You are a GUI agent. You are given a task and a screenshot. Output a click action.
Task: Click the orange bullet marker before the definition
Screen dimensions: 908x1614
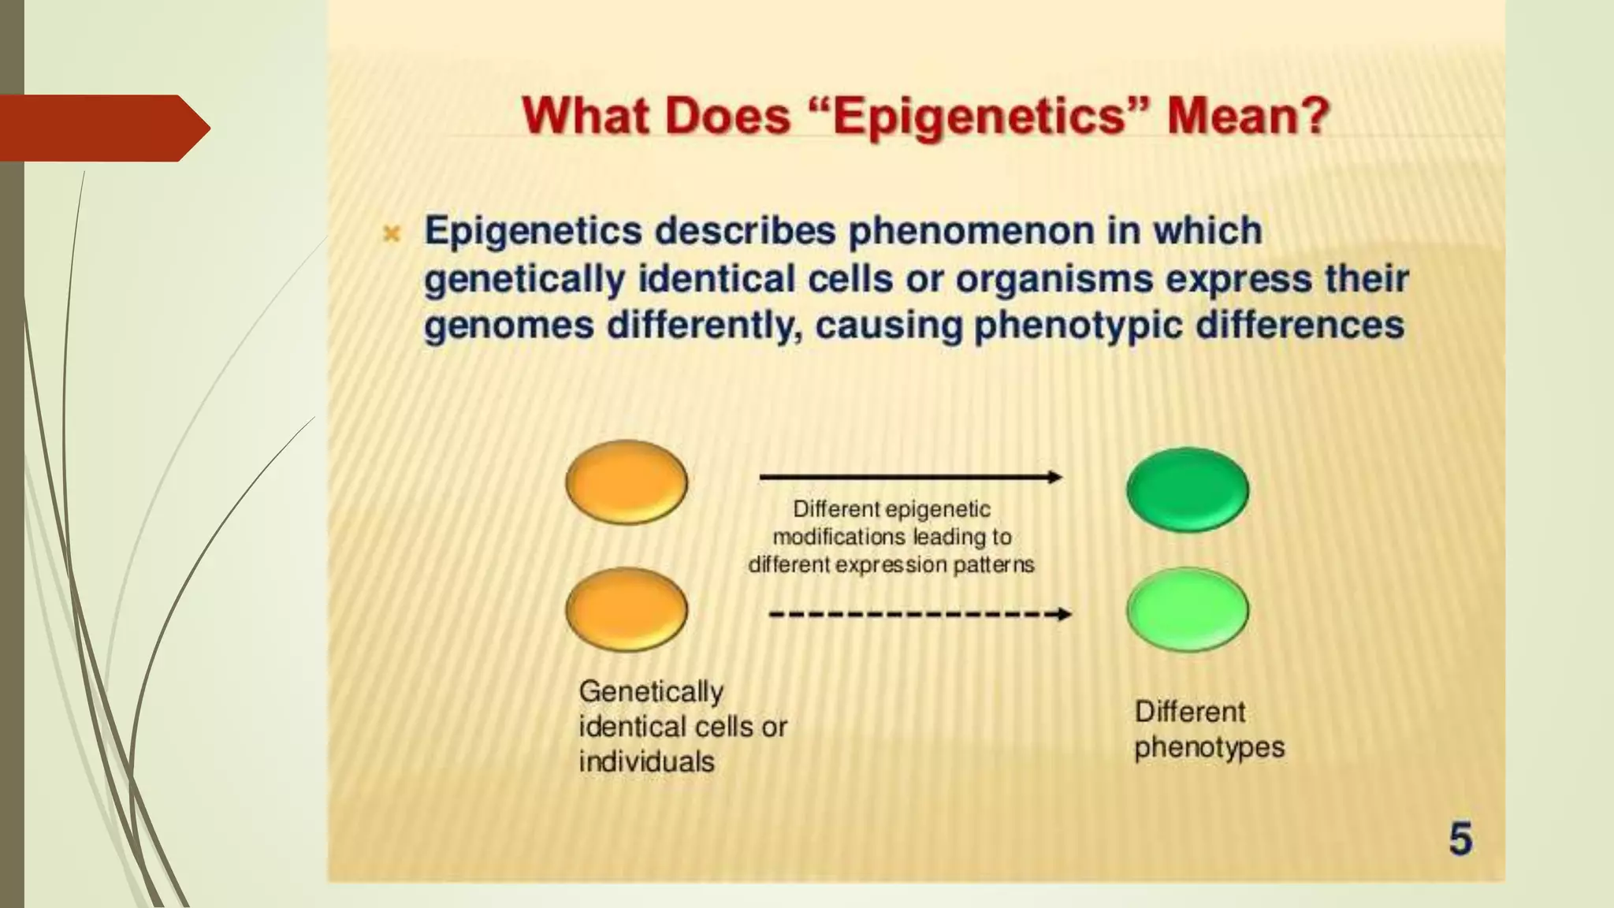[x=392, y=233]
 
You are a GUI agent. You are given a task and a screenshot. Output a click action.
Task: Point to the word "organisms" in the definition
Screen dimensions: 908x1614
[x=1054, y=279]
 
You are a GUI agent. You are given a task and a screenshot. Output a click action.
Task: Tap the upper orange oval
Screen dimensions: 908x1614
[x=627, y=482]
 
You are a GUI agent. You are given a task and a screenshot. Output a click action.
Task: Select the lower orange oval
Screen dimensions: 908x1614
[x=627, y=609]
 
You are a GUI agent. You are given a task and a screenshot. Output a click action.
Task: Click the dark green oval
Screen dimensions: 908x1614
[x=1188, y=489]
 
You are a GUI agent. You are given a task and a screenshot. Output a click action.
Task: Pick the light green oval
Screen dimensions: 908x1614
[x=1188, y=609]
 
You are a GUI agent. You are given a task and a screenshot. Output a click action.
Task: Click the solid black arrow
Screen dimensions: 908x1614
[x=910, y=477]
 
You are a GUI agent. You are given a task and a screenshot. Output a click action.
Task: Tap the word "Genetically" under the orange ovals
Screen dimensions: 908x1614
[x=651, y=692]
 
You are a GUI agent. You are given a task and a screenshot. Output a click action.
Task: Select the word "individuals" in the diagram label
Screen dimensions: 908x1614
[x=646, y=761]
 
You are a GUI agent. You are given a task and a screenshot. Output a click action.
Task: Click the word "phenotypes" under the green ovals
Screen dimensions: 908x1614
[x=1209, y=747]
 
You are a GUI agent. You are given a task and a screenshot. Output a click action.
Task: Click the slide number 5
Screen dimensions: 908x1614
[x=1460, y=838]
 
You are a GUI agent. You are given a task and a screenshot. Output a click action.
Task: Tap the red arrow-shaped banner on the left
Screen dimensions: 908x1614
[x=102, y=128]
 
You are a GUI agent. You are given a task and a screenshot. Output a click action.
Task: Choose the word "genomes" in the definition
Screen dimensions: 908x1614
[x=508, y=326]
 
